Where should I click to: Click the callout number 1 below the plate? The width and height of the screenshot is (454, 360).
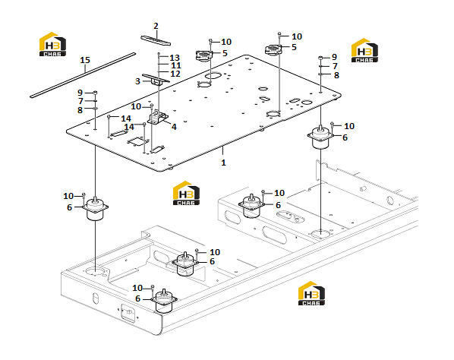tap(223, 163)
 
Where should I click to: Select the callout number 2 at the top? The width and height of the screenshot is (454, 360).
tap(156, 26)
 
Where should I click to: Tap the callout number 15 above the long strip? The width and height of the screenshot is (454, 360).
tap(85, 60)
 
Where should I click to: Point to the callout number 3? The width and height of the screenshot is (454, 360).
tap(138, 81)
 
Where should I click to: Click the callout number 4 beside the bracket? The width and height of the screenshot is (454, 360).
tap(174, 127)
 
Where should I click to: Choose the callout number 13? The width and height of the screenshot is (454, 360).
tap(175, 58)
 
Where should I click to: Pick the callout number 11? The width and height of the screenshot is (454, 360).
tap(175, 66)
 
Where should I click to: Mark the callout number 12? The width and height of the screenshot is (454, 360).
tap(175, 74)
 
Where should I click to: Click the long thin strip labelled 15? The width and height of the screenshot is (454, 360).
tap(83, 75)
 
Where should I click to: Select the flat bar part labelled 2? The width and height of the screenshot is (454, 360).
tap(156, 40)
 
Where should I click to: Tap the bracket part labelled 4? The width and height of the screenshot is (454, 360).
tap(158, 117)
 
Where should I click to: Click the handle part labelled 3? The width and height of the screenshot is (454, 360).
tap(156, 80)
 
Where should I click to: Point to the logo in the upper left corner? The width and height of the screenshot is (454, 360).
tap(52, 44)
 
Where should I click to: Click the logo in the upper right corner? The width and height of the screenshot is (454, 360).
tap(364, 50)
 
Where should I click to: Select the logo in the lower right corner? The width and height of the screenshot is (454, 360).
tap(311, 293)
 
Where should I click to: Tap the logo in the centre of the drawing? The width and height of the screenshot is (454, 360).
tap(186, 193)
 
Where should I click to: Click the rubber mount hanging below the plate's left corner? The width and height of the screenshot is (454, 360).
tap(95, 209)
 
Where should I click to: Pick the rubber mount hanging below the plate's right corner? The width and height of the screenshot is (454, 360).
tap(320, 137)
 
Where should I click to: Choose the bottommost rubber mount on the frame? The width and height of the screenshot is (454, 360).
tap(164, 302)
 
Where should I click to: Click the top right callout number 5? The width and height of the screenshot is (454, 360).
tap(294, 47)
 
